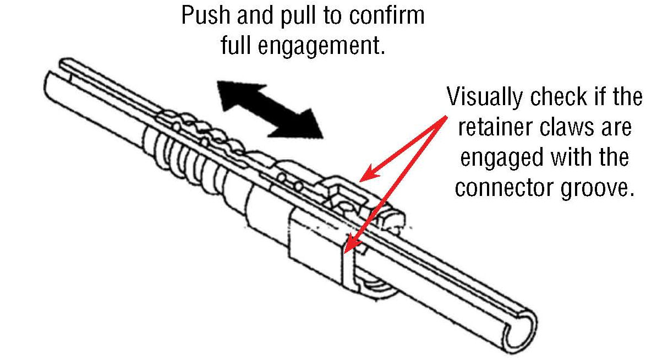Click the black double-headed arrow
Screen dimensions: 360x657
pyautogui.click(x=269, y=108)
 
